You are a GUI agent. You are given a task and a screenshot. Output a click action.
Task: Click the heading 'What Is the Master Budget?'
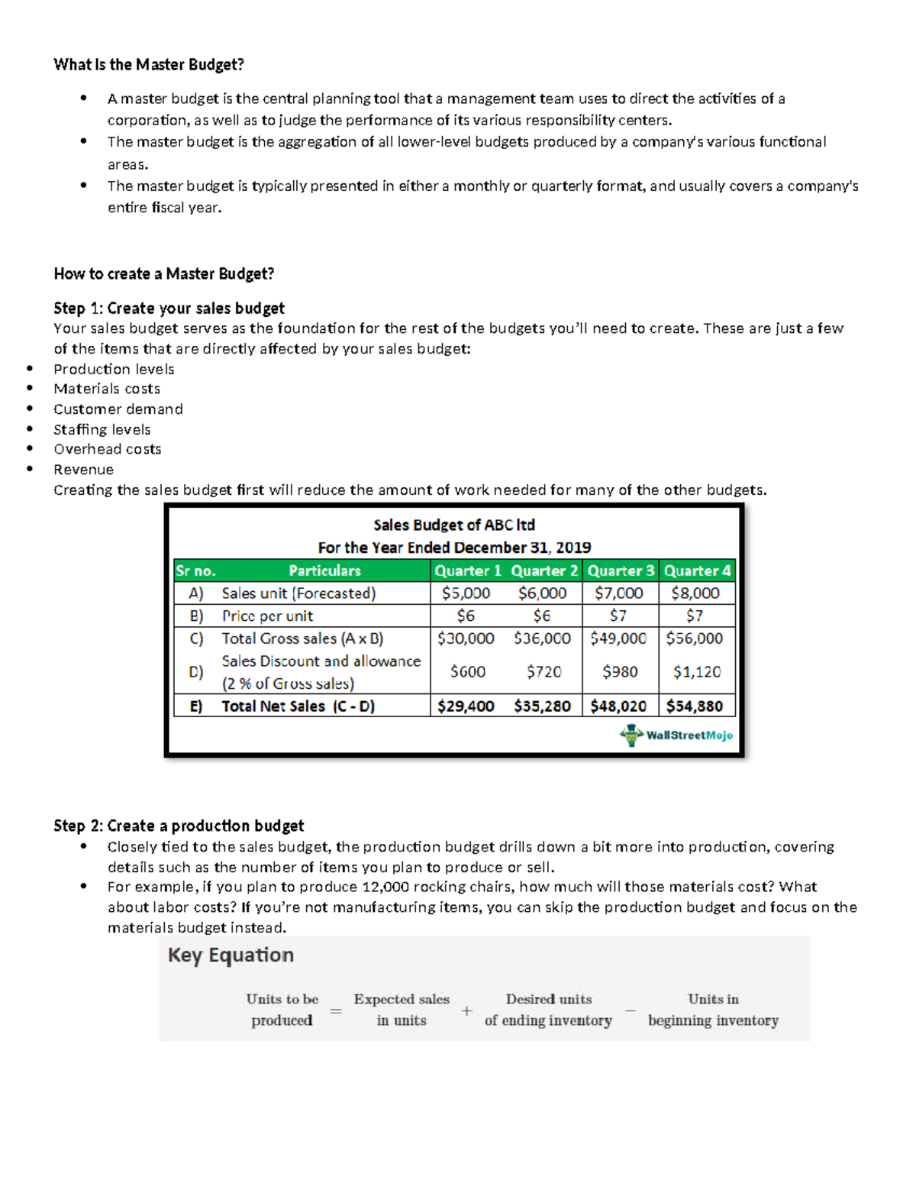[x=149, y=65]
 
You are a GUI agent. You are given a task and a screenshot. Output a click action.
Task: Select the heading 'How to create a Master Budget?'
[x=163, y=273]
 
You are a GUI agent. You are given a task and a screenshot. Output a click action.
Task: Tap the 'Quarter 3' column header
[x=620, y=570]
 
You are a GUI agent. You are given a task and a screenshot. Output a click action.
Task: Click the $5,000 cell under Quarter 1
[x=466, y=593]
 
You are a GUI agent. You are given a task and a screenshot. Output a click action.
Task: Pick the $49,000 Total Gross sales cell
[x=618, y=638]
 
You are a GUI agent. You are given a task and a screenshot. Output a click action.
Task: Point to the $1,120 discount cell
[x=696, y=672]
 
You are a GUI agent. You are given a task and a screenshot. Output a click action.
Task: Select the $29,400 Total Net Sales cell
[x=466, y=706]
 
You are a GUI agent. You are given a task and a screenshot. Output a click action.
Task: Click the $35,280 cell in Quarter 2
[x=542, y=706]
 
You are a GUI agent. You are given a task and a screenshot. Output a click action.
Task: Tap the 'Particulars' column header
[x=324, y=570]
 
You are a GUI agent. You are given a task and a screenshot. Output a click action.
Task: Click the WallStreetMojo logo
[x=676, y=735]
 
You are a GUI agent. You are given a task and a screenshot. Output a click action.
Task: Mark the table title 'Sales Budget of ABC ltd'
[x=454, y=525]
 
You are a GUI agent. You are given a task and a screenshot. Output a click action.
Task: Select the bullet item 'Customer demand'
[x=118, y=409]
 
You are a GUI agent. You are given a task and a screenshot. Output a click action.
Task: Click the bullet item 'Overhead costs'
[x=108, y=449]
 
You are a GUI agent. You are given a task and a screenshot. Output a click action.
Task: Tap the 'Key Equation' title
[x=231, y=955]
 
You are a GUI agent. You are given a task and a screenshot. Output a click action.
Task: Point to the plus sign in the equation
[x=467, y=1010]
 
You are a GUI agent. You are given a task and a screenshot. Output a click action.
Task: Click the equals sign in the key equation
[x=336, y=1010]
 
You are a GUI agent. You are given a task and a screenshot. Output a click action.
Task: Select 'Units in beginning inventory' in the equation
[x=713, y=1010]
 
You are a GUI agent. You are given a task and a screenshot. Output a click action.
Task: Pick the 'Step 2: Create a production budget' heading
[x=179, y=826]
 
